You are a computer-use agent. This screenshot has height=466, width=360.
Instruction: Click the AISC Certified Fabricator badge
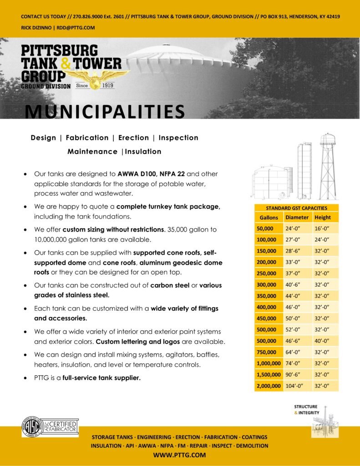50,427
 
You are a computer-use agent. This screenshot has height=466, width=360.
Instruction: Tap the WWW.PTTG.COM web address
179,455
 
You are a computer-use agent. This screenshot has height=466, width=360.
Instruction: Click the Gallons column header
269,218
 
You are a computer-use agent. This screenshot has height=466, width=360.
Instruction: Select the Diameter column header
297,218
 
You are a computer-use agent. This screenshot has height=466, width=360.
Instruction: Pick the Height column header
323,218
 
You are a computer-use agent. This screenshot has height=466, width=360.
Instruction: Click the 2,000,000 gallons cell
269,386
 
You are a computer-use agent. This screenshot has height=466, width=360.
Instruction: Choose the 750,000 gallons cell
267,352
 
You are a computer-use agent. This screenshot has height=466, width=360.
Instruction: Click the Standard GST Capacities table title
296,208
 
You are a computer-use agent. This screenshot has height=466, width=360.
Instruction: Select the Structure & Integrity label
306,410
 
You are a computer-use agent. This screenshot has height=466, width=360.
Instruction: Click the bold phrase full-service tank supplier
101,377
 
